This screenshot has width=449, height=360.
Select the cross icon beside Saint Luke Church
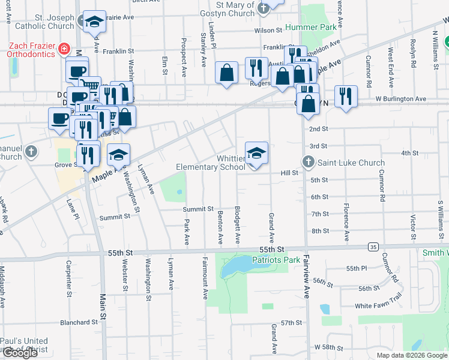308,162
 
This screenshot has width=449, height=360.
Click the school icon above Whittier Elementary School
256,153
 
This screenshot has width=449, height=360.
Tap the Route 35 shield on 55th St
373,246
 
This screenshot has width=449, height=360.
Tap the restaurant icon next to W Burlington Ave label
346,97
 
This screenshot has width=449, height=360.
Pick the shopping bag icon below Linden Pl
227,73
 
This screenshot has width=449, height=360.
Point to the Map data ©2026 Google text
411,355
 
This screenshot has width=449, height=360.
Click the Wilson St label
268,30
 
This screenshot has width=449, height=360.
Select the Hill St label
289,173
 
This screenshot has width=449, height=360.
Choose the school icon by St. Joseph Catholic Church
94,23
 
